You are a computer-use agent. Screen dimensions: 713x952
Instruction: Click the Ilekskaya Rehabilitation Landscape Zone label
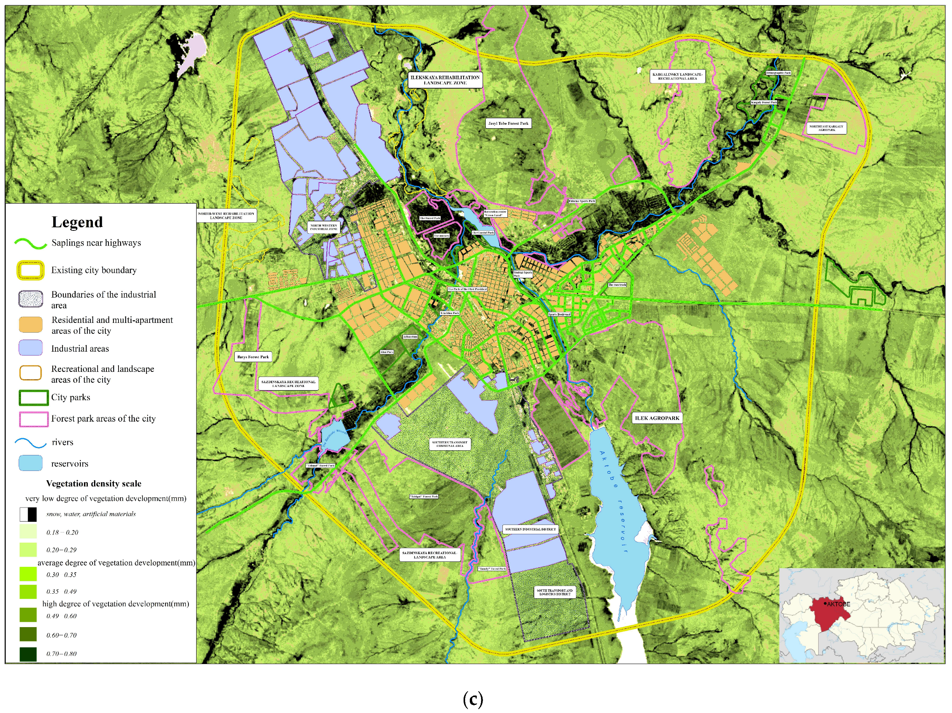(x=445, y=80)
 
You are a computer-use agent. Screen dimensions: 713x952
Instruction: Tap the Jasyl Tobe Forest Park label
(x=508, y=124)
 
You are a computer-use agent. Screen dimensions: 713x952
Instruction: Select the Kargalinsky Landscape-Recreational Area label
(x=677, y=77)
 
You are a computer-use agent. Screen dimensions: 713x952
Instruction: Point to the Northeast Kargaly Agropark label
(x=826, y=128)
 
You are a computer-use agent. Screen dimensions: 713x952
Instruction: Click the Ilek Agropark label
(x=657, y=418)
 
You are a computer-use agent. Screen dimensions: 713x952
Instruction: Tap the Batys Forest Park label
(x=253, y=357)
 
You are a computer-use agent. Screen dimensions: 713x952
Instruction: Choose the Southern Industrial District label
(x=530, y=529)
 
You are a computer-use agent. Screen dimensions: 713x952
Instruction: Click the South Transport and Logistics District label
(x=555, y=593)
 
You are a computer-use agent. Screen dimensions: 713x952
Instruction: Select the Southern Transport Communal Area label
(x=450, y=444)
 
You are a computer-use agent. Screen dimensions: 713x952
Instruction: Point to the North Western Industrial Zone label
(x=324, y=227)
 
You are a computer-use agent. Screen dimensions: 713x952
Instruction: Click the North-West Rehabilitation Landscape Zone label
(x=227, y=216)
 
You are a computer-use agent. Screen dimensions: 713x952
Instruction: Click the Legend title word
(x=77, y=222)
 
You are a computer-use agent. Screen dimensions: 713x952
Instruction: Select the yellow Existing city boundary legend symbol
(x=31, y=270)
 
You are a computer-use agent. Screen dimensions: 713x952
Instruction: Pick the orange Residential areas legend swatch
(x=31, y=325)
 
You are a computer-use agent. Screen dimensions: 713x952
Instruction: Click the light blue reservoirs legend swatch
(x=31, y=463)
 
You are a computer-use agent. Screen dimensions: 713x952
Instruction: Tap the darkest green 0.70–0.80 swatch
(x=28, y=654)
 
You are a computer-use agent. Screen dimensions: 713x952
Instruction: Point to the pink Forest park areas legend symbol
(x=33, y=419)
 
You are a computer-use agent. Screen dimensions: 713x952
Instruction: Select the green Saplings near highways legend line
(x=31, y=244)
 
